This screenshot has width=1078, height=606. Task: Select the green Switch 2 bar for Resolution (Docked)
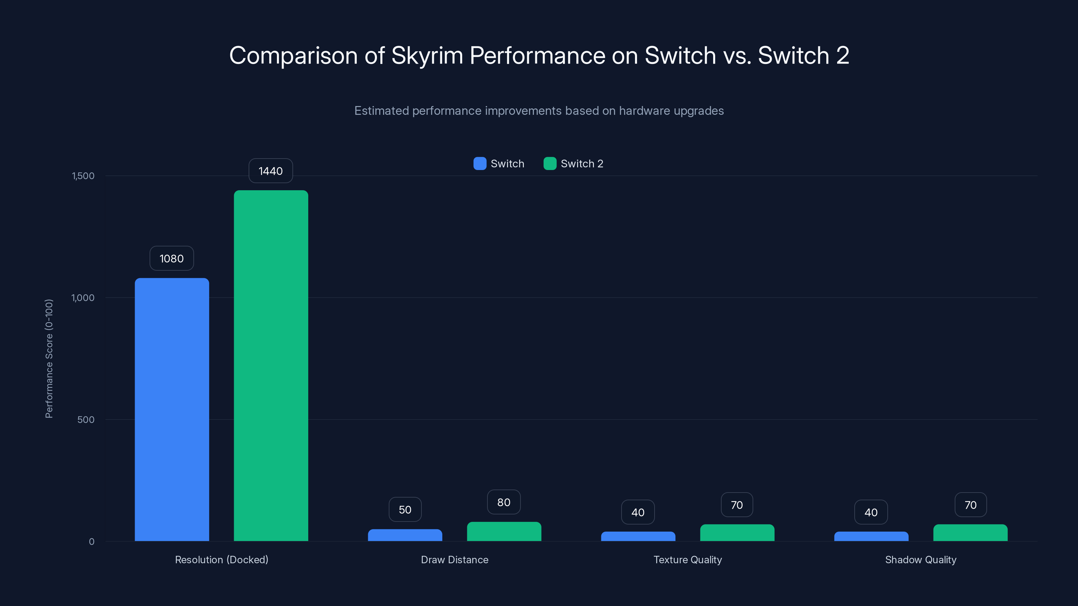pyautogui.click(x=271, y=366)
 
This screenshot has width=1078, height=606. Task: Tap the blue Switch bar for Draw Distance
pyautogui.click(x=405, y=535)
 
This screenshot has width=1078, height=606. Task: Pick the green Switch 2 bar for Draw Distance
pyautogui.click(x=504, y=531)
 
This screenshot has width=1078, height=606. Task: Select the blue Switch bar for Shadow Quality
pyautogui.click(x=871, y=536)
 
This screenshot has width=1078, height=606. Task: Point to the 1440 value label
pyautogui.click(x=271, y=171)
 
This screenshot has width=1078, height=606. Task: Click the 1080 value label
pyautogui.click(x=171, y=259)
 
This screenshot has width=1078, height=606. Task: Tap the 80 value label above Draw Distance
pyautogui.click(x=504, y=502)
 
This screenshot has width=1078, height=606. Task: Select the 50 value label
pyautogui.click(x=405, y=510)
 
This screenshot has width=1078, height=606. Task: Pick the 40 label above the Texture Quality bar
pyautogui.click(x=638, y=512)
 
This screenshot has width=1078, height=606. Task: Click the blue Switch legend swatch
pyautogui.click(x=480, y=164)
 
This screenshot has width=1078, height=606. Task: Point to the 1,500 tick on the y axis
pyautogui.click(x=83, y=176)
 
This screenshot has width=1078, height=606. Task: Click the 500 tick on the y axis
pyautogui.click(x=86, y=419)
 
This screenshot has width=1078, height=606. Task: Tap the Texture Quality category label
pyautogui.click(x=688, y=560)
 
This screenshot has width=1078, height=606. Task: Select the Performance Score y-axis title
pyautogui.click(x=49, y=359)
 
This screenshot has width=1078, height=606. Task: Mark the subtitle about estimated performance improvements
pyautogui.click(x=539, y=111)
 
